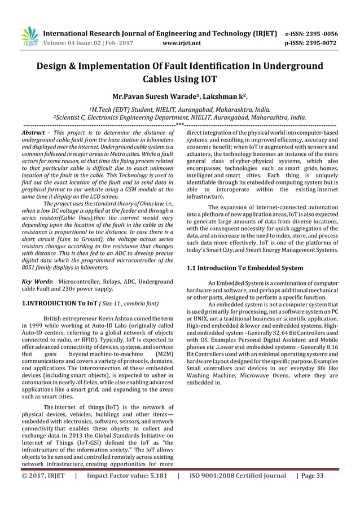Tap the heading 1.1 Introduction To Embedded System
244,267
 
